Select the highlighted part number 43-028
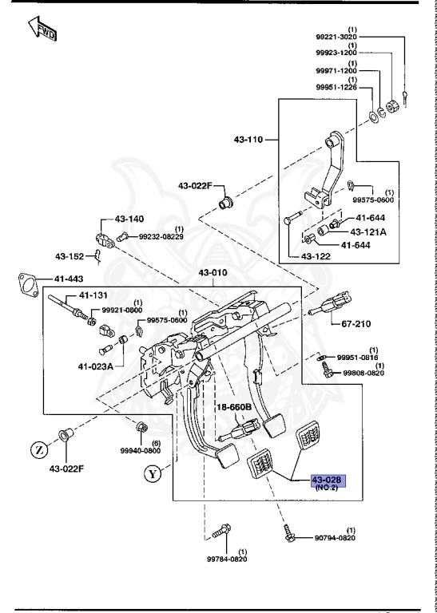tap(327, 479)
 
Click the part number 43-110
tap(248, 140)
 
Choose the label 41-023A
tap(96, 366)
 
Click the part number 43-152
tap(70, 256)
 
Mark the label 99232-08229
tap(161, 236)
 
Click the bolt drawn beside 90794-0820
tap(291, 532)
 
